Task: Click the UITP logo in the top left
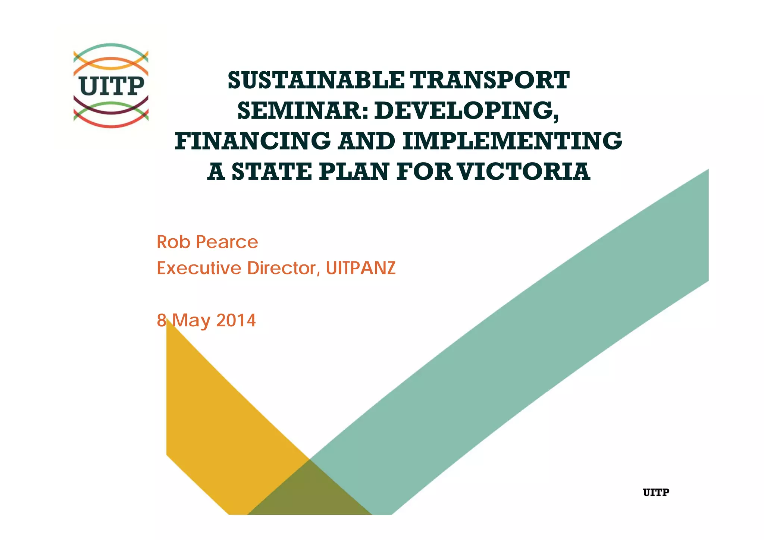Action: pos(111,86)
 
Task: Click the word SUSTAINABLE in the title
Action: pos(316,81)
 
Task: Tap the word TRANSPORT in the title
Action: pos(489,81)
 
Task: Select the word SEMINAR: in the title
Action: pos(303,111)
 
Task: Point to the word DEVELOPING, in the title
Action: pos(467,111)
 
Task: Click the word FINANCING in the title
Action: pos(253,141)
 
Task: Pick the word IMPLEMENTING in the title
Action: pos(512,141)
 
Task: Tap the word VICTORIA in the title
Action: pos(524,172)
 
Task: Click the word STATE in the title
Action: pos(272,172)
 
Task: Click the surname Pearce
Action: pos(227,242)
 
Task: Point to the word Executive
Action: pos(199,268)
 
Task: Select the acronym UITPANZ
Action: pos(361,268)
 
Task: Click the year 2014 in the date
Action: pos(236,320)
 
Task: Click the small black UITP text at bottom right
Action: pos(656,493)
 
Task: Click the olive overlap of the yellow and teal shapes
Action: pos(309,492)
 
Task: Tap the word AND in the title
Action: pos(367,141)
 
